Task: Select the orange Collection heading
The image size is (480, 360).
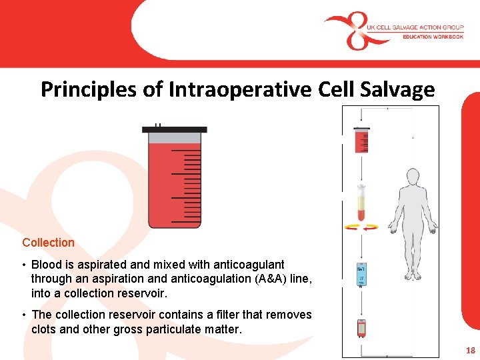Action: click(x=48, y=243)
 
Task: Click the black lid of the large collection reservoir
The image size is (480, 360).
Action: click(x=175, y=129)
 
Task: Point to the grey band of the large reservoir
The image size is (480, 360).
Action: click(x=175, y=138)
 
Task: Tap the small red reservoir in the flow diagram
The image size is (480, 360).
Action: click(x=361, y=141)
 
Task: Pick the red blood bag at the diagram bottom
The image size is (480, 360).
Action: click(x=361, y=329)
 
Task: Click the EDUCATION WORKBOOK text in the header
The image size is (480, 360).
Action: click(x=433, y=37)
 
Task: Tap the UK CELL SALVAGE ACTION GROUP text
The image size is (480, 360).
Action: click(x=415, y=27)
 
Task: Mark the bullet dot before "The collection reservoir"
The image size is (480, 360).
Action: click(x=24, y=315)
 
